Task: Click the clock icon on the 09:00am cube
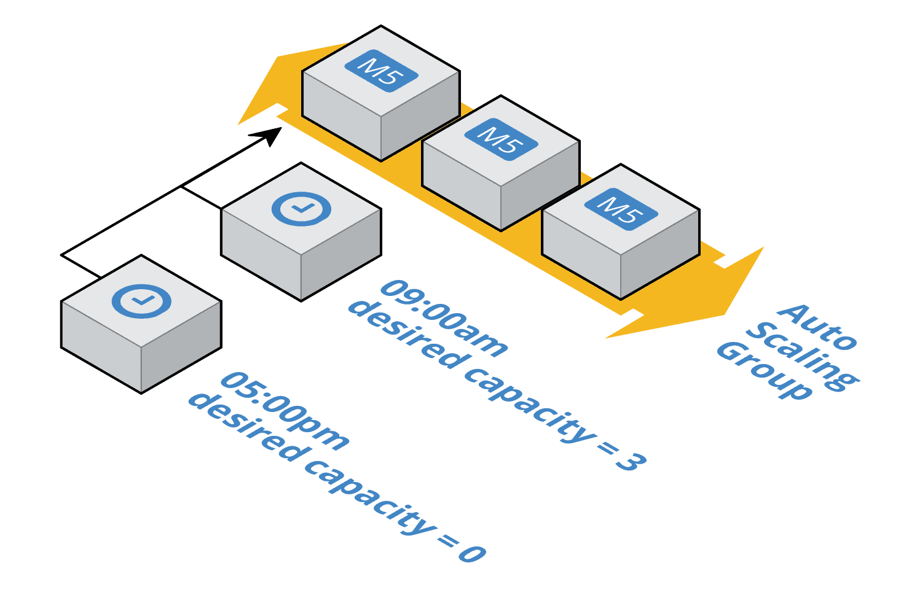pyautogui.click(x=301, y=209)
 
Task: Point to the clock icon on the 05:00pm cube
pyautogui.click(x=141, y=301)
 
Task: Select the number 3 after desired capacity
pyautogui.click(x=631, y=462)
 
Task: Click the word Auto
pyautogui.click(x=817, y=325)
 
